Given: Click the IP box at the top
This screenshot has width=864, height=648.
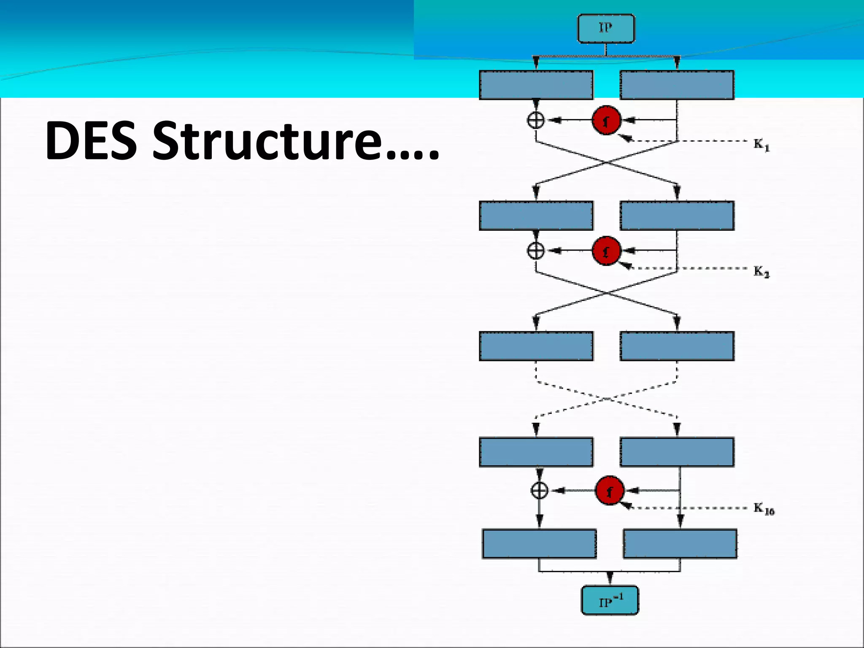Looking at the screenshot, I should tap(606, 28).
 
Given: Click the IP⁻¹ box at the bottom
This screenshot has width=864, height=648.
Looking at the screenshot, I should tap(610, 600).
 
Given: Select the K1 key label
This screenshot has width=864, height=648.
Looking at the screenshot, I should tap(761, 145).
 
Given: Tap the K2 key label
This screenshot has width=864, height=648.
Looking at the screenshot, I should tap(761, 272).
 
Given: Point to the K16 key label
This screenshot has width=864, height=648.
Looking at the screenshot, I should tap(764, 509).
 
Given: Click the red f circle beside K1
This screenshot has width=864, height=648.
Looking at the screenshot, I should tap(606, 120).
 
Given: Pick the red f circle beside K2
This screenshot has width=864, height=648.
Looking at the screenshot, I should tap(606, 251).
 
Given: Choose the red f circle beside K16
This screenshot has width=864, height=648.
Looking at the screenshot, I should tap(610, 491).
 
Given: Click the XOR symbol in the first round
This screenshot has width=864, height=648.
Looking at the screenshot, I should tap(536, 120).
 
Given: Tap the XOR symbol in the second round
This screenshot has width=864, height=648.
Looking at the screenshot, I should tap(536, 251).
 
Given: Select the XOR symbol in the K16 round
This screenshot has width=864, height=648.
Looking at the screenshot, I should tap(539, 491).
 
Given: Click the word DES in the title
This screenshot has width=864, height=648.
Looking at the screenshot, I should tap(91, 140).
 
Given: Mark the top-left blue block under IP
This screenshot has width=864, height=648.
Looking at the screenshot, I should tap(536, 85).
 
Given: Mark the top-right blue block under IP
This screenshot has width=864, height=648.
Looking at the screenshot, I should tap(677, 85).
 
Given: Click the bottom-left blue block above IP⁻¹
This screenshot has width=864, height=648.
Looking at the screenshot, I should tap(539, 544).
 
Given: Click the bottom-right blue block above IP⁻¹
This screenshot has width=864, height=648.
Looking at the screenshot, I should tap(680, 544).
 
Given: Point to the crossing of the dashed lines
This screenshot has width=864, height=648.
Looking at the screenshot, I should tap(607, 399).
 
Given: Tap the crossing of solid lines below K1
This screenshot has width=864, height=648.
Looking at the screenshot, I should tap(607, 162).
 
